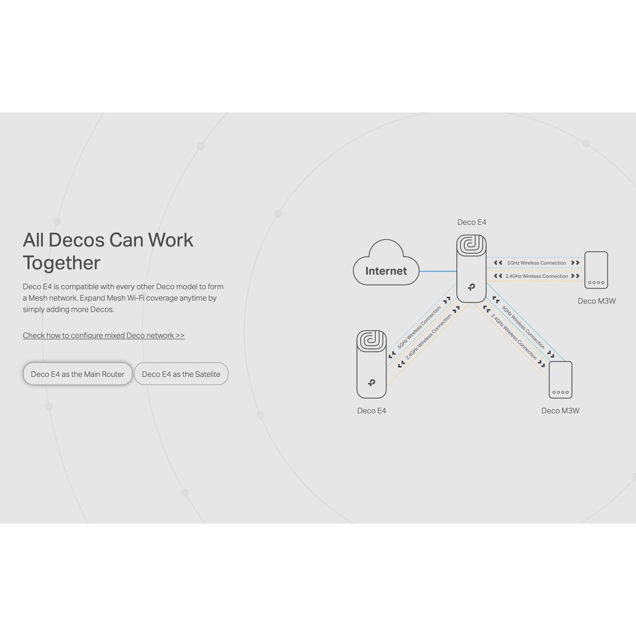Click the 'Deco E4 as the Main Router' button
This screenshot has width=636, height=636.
(x=78, y=374)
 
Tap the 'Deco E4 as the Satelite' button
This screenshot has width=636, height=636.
(x=181, y=374)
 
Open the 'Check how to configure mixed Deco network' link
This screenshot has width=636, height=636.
(x=104, y=335)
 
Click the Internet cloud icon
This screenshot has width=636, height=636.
(x=386, y=263)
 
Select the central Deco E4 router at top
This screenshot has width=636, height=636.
(x=471, y=268)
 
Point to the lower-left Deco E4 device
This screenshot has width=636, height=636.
(x=371, y=364)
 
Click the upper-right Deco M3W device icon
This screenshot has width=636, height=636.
(x=596, y=270)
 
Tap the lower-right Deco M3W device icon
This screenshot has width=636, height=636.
(x=560, y=379)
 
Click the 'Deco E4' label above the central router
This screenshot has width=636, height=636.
(x=472, y=222)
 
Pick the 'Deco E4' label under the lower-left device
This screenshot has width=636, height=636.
(x=371, y=411)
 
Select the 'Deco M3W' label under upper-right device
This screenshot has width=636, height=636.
(x=597, y=301)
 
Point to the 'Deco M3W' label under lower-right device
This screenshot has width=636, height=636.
(x=560, y=411)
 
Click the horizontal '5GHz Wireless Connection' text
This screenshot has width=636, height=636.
(x=537, y=263)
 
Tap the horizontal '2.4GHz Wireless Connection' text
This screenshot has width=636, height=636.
(x=537, y=276)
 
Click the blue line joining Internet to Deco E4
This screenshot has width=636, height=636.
(x=438, y=271)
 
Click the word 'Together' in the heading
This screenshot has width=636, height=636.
(x=61, y=263)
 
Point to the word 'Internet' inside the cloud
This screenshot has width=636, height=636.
(x=386, y=271)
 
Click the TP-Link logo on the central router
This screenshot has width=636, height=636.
(x=471, y=288)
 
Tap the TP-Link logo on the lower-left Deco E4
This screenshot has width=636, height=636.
(x=371, y=383)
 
